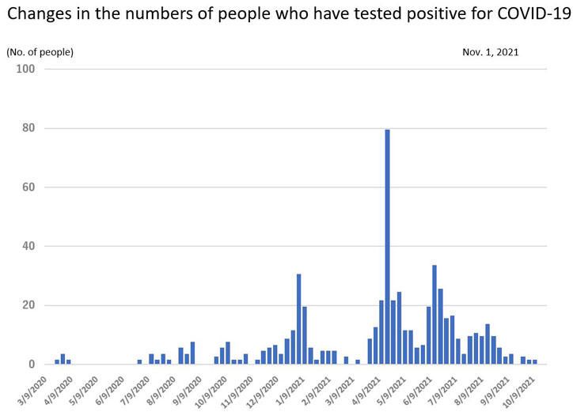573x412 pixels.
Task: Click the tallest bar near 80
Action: (387, 246)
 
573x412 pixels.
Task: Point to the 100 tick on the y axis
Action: (25, 70)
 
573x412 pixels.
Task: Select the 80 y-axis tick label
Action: (28, 128)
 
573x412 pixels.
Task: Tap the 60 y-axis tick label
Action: (28, 187)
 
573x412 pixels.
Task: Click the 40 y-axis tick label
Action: (28, 247)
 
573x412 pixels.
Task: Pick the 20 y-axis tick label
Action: (28, 305)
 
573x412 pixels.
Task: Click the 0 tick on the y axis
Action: (31, 365)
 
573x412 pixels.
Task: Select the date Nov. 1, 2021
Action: (491, 52)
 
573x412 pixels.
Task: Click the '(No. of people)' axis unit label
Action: (40, 52)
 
